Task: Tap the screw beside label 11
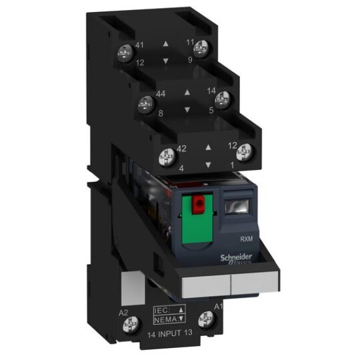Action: pyautogui.click(x=202, y=47)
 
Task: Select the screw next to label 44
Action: pyautogui.click(x=143, y=103)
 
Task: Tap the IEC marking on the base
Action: pyautogui.click(x=163, y=310)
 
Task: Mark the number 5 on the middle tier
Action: pyautogui.click(x=211, y=110)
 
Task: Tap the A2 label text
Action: pyautogui.click(x=123, y=310)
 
